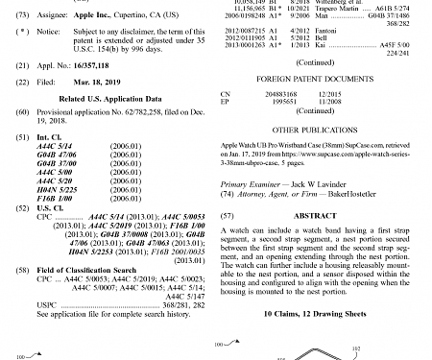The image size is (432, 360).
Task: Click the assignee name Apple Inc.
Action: coord(88,17)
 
